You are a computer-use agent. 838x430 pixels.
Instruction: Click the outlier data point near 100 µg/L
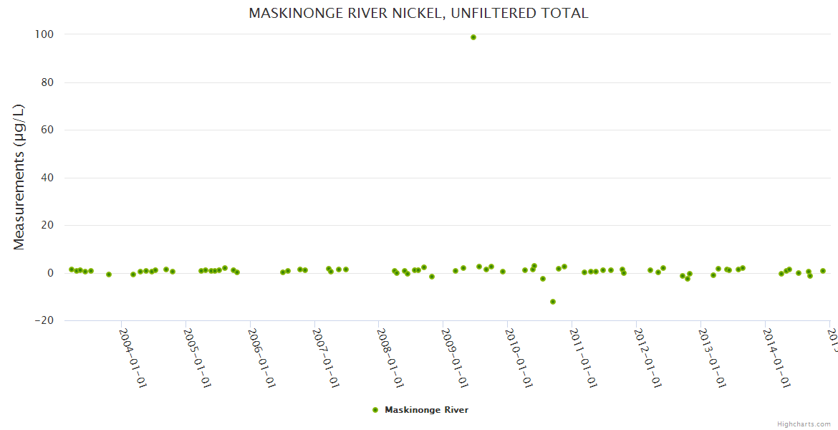473,37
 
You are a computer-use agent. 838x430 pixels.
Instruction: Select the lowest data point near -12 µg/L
553,302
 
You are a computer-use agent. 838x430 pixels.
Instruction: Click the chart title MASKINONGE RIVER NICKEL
418,13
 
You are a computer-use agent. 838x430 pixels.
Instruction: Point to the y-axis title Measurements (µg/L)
19,177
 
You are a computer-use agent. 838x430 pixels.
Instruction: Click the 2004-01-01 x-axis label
133,358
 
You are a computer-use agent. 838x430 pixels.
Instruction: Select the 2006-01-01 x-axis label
261,358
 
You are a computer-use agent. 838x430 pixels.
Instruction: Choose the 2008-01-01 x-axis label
390,358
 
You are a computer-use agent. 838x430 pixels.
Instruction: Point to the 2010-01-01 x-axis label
519,358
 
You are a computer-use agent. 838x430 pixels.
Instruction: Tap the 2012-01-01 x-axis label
647,358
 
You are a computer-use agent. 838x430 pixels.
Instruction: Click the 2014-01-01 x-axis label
776,358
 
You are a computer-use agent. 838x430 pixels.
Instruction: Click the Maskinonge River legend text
426,410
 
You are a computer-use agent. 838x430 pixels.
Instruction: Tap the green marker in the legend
375,410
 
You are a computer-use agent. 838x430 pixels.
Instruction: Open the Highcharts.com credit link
804,424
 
